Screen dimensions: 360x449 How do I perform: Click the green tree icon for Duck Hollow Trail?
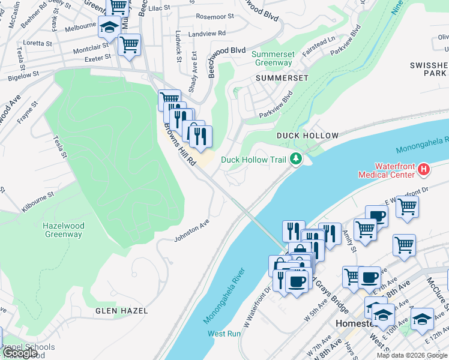pos(295,159)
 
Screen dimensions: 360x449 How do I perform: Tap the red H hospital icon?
pos(424,170)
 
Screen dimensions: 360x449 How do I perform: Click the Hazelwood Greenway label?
pos(63,230)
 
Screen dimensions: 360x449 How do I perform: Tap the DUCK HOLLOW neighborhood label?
pos(307,136)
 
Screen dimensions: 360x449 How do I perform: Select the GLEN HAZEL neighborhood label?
pos(121,311)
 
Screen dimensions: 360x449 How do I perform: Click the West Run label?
pos(224,333)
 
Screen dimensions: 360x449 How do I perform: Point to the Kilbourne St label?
pos(38,200)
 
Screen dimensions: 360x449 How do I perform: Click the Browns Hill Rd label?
pos(180,145)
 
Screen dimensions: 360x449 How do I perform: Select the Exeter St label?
pos(98,58)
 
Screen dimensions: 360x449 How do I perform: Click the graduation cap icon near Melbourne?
pos(109,28)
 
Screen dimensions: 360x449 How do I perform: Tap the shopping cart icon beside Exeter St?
pos(130,44)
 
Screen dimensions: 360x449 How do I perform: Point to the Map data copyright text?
pos(412,355)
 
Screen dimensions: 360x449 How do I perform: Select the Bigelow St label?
pos(23,76)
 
